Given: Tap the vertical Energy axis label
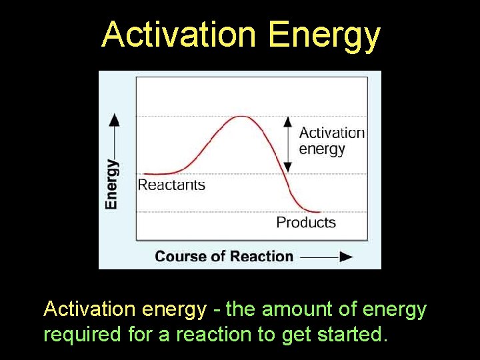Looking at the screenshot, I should [x=112, y=184].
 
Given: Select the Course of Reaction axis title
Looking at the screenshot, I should [x=224, y=256].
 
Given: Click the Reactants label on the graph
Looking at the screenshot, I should [x=171, y=185].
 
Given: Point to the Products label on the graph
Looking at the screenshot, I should [x=306, y=222].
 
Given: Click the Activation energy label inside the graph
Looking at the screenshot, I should [x=331, y=141].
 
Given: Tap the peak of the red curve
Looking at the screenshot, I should [x=240, y=117].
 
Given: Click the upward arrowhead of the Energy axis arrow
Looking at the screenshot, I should [x=115, y=119].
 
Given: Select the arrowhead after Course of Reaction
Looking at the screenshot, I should [x=345, y=257].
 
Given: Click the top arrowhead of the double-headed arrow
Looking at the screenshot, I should [x=287, y=121].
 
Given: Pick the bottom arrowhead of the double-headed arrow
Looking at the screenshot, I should [x=287, y=168].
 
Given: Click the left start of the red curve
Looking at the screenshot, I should [x=145, y=174].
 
